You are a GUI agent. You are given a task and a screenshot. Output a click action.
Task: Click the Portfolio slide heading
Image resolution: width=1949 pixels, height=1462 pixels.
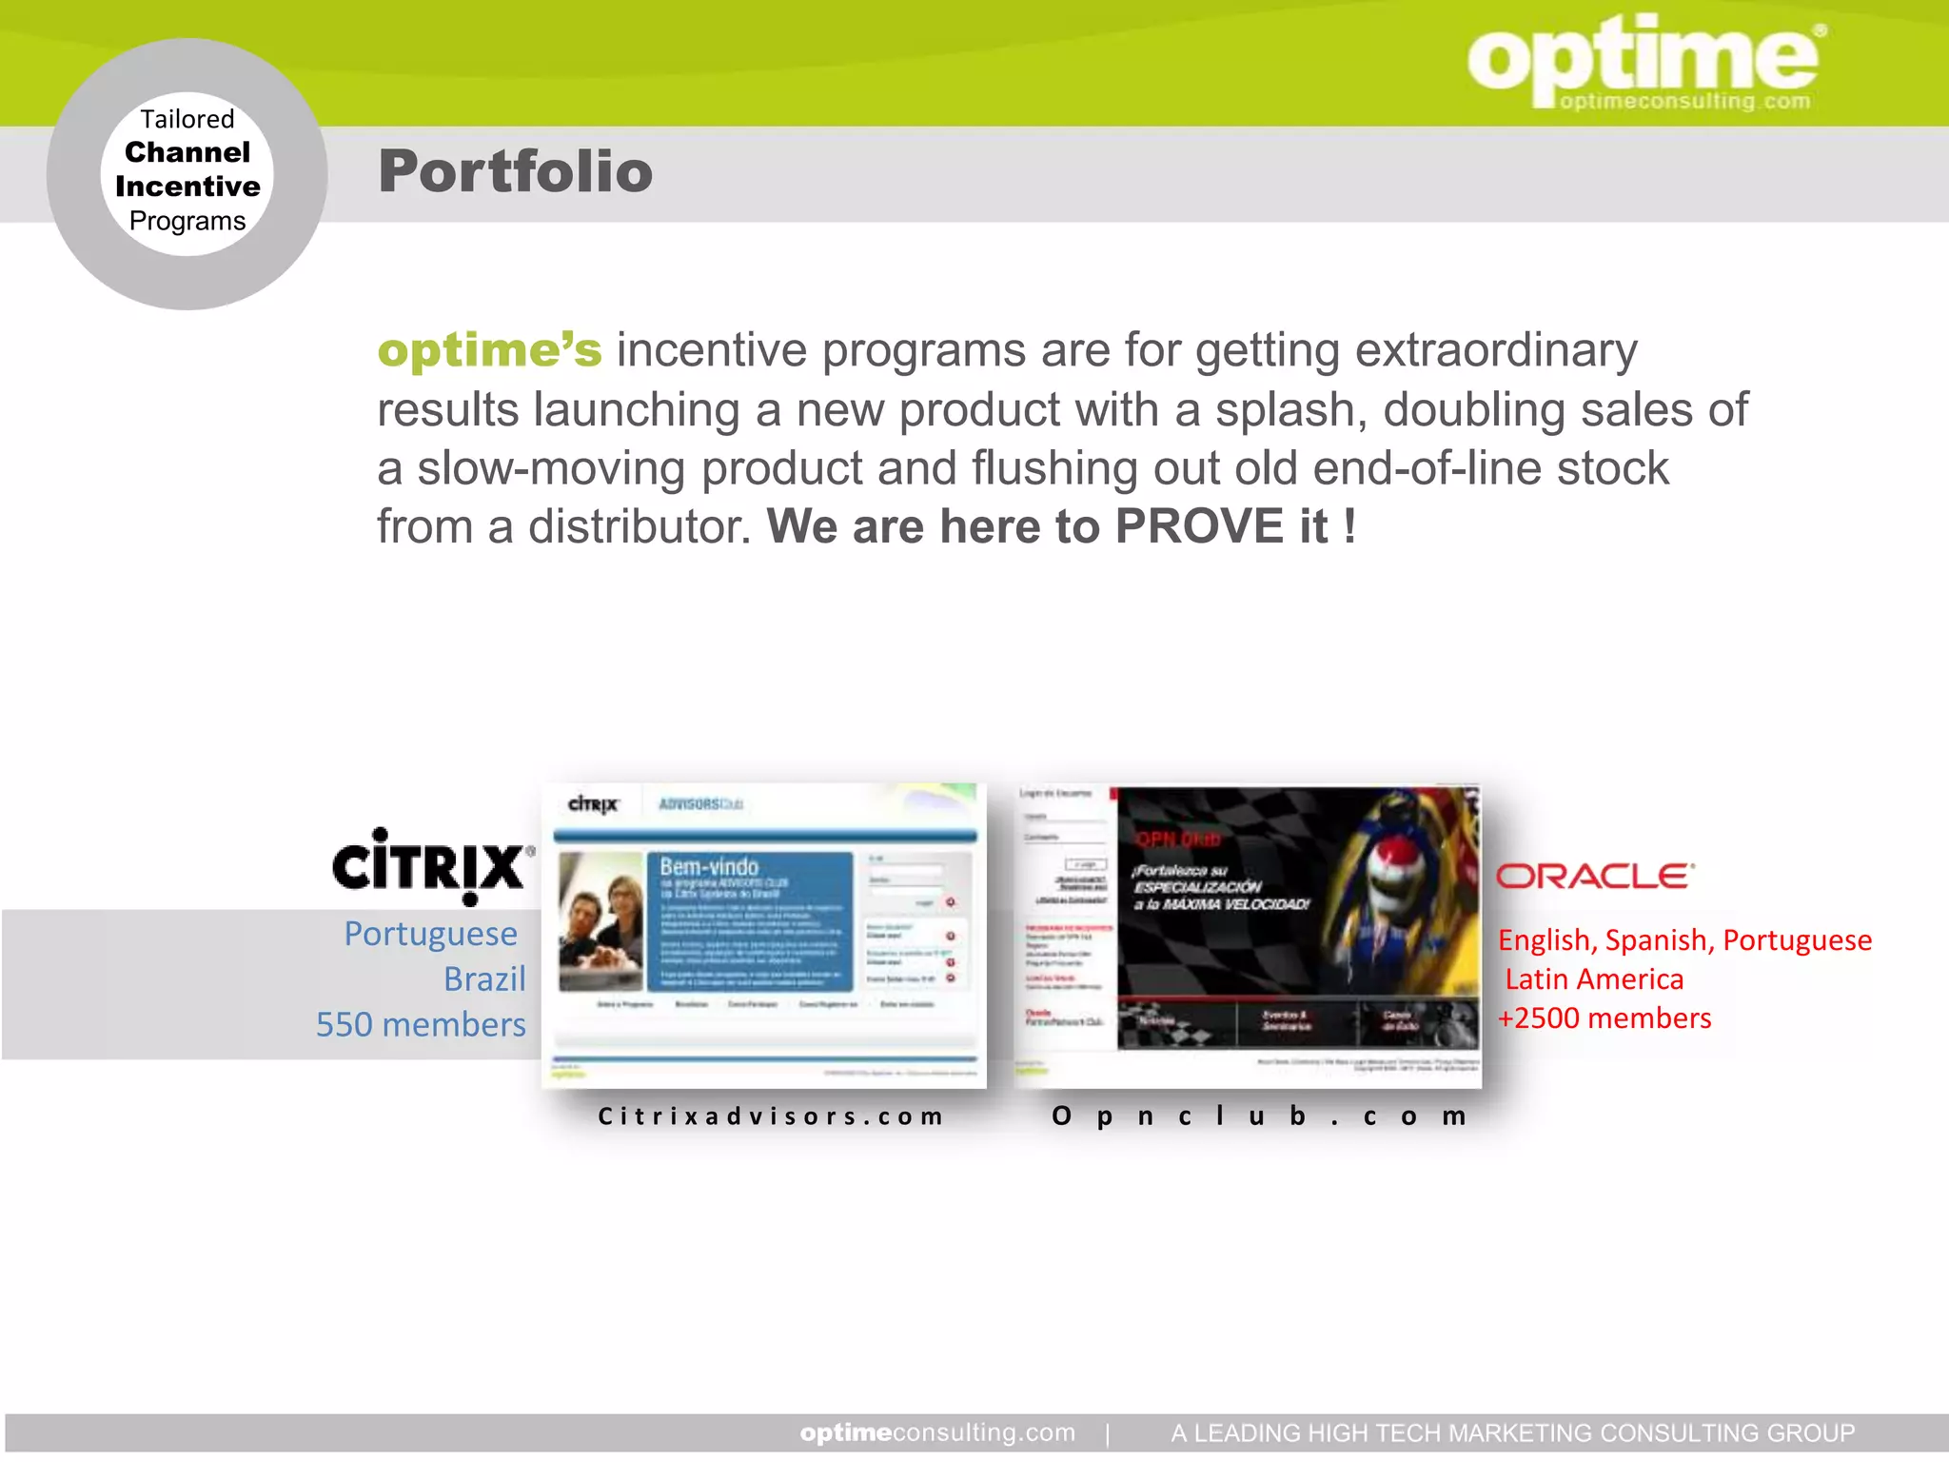point(515,171)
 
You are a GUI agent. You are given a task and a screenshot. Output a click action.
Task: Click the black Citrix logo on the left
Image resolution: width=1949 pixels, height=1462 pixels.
point(431,865)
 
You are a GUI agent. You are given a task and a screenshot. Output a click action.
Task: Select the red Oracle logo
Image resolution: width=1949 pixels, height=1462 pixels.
point(1594,876)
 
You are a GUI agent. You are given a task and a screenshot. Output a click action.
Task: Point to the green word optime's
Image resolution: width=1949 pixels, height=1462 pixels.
point(489,350)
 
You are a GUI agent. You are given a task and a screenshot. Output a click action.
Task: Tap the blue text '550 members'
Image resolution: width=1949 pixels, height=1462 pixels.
point(421,1024)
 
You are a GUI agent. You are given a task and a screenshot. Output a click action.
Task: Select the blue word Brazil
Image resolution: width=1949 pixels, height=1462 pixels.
point(484,978)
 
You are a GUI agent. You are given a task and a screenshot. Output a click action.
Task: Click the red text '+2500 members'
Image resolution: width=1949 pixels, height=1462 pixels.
point(1604,1017)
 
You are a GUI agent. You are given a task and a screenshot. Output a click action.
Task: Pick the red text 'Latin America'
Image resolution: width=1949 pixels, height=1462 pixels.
point(1594,978)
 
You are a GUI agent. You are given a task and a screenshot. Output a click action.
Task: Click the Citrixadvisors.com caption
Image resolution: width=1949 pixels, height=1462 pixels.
point(770,1116)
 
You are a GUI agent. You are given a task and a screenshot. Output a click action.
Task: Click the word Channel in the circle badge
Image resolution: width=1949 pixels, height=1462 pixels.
point(187,152)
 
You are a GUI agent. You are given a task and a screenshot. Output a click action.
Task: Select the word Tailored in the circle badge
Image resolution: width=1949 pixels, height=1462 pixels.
point(187,119)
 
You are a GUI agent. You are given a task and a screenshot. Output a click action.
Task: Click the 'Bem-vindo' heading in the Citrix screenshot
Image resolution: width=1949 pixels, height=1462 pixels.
point(709,867)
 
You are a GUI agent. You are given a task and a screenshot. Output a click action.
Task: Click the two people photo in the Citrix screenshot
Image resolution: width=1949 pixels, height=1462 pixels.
point(600,921)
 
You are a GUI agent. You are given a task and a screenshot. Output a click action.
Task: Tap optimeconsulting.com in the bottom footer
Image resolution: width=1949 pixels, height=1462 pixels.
point(937,1432)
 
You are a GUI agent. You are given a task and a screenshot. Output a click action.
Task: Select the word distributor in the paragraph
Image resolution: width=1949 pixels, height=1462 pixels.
point(640,526)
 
